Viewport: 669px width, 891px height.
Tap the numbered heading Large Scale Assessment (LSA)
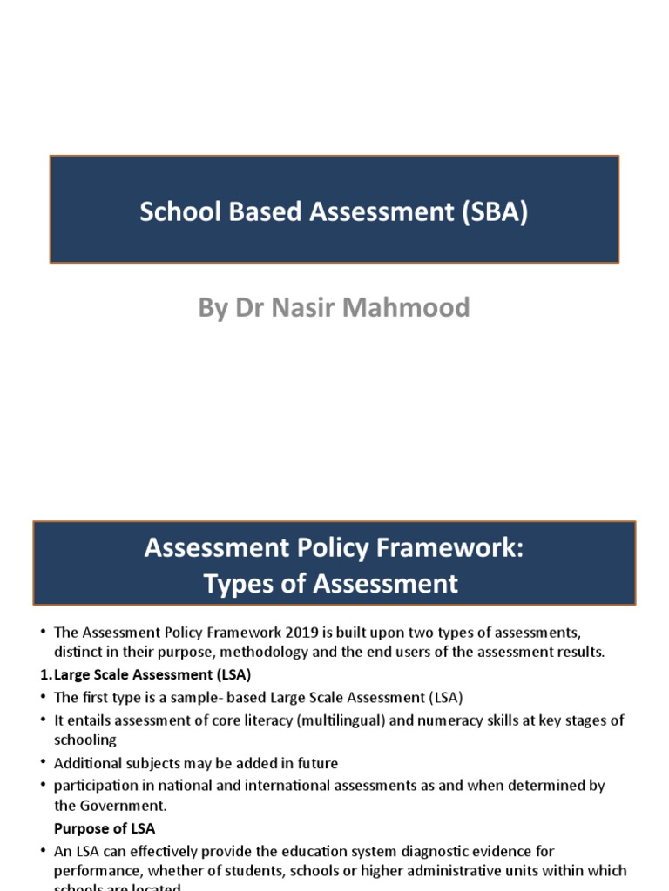(152, 674)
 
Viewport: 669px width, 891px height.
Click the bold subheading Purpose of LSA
(105, 828)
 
